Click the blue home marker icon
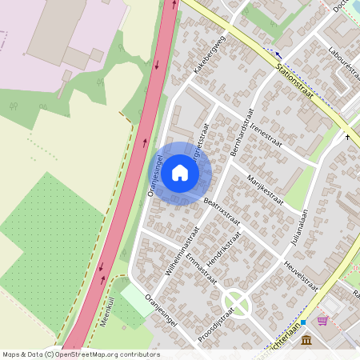pos(180,172)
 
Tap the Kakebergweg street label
pos(209,55)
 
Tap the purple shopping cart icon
pos(322,321)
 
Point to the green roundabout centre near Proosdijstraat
pos(237,302)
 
